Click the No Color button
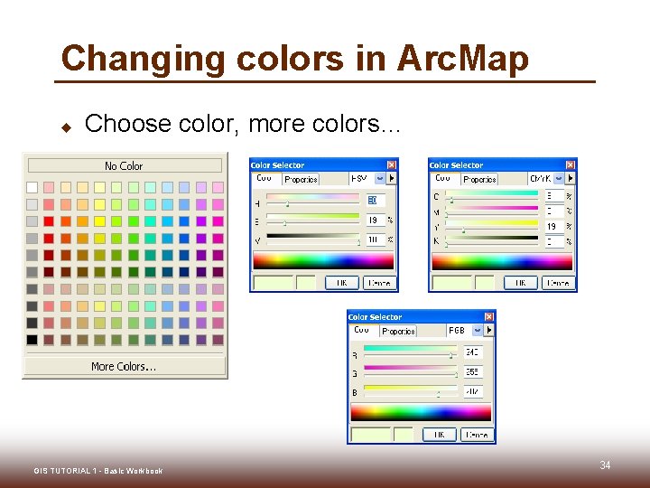(125, 165)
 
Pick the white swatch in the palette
(32, 187)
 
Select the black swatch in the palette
(32, 340)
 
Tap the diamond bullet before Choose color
(66, 126)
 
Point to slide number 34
(605, 465)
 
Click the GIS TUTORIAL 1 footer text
(98, 471)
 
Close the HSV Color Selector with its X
(391, 165)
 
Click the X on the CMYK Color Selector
(570, 165)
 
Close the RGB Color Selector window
(488, 317)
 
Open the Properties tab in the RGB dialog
(398, 332)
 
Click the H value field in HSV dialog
(376, 200)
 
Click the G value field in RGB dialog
(473, 372)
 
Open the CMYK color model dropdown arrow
(559, 179)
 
